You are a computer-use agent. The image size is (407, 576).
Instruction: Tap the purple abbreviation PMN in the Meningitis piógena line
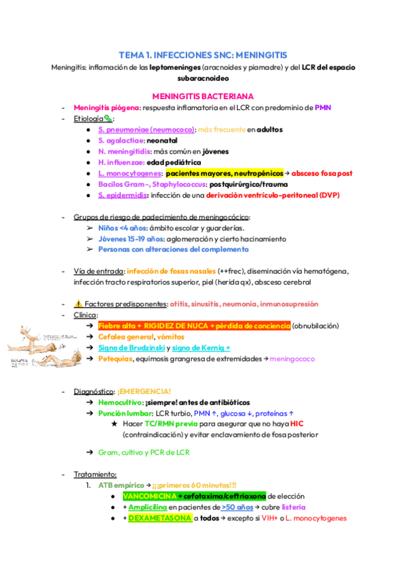323,107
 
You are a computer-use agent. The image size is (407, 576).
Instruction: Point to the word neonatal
157,140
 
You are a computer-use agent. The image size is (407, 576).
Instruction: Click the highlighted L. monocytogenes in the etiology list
129,173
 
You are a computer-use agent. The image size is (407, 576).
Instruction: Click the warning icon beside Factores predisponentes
77,304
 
